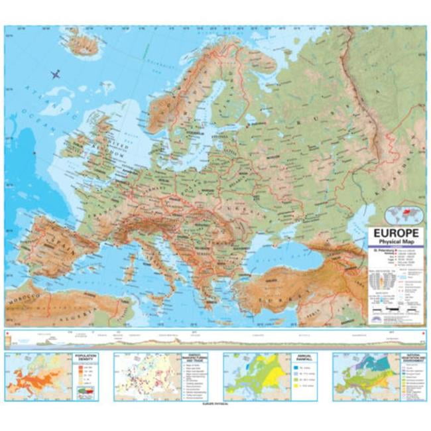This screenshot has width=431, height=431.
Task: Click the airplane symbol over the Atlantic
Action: pyautogui.click(x=55, y=74)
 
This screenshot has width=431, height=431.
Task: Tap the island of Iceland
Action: pyautogui.click(x=84, y=45)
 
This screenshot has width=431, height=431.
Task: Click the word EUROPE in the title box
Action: pyautogui.click(x=395, y=233)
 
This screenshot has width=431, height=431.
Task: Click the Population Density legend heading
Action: pyautogui.click(x=86, y=357)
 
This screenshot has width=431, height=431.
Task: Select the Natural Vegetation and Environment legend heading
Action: pyautogui.click(x=412, y=359)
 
